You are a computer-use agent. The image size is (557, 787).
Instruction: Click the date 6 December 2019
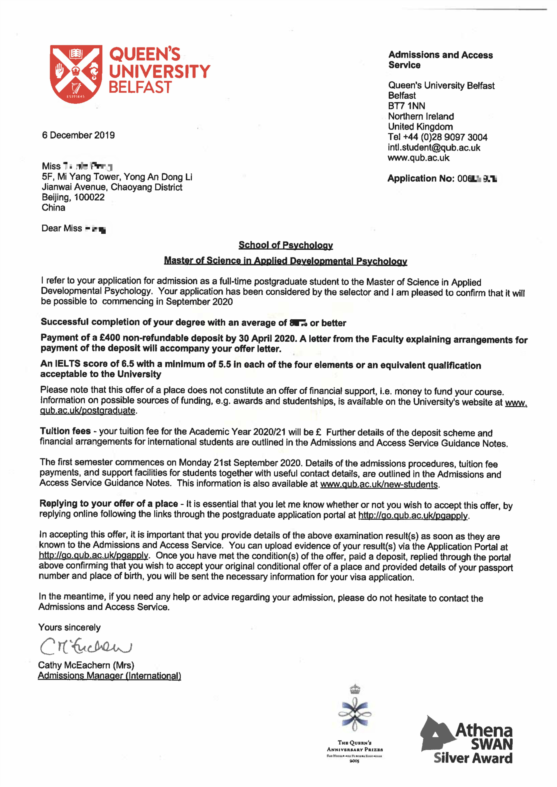pos(78,135)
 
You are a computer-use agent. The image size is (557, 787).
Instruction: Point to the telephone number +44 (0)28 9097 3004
pos(445,137)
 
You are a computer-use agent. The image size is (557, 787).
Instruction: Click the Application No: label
pos(421,178)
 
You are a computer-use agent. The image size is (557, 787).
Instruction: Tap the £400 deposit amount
pos(110,338)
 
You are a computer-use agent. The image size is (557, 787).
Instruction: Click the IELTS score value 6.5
pos(128,364)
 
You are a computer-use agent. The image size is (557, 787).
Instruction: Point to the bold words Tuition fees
pos(65,431)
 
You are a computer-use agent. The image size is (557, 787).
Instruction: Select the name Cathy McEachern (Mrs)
pos(86,665)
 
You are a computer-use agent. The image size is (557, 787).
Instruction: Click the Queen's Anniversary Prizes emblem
pos(355,724)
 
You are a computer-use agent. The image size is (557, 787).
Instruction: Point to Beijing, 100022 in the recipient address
pos(73,197)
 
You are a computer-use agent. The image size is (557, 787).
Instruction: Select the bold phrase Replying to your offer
pos(108,503)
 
